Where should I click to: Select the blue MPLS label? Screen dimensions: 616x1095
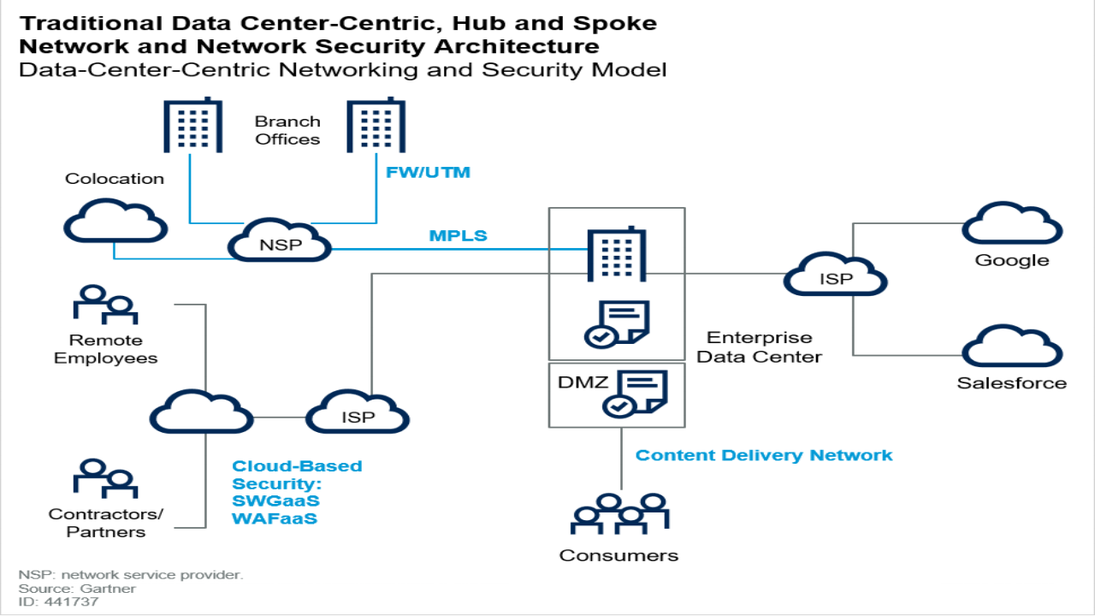click(459, 235)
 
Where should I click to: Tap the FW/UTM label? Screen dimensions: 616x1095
click(428, 173)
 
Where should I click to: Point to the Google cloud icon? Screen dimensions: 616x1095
click(1012, 226)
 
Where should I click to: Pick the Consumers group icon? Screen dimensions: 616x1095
click(619, 518)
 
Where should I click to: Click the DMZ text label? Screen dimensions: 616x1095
click(583, 382)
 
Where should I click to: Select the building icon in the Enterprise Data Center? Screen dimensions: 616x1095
click(615, 254)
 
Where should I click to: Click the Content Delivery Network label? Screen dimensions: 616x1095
click(764, 455)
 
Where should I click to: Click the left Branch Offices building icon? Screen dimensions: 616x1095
click(192, 126)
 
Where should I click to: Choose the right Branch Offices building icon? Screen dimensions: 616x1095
click(376, 126)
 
